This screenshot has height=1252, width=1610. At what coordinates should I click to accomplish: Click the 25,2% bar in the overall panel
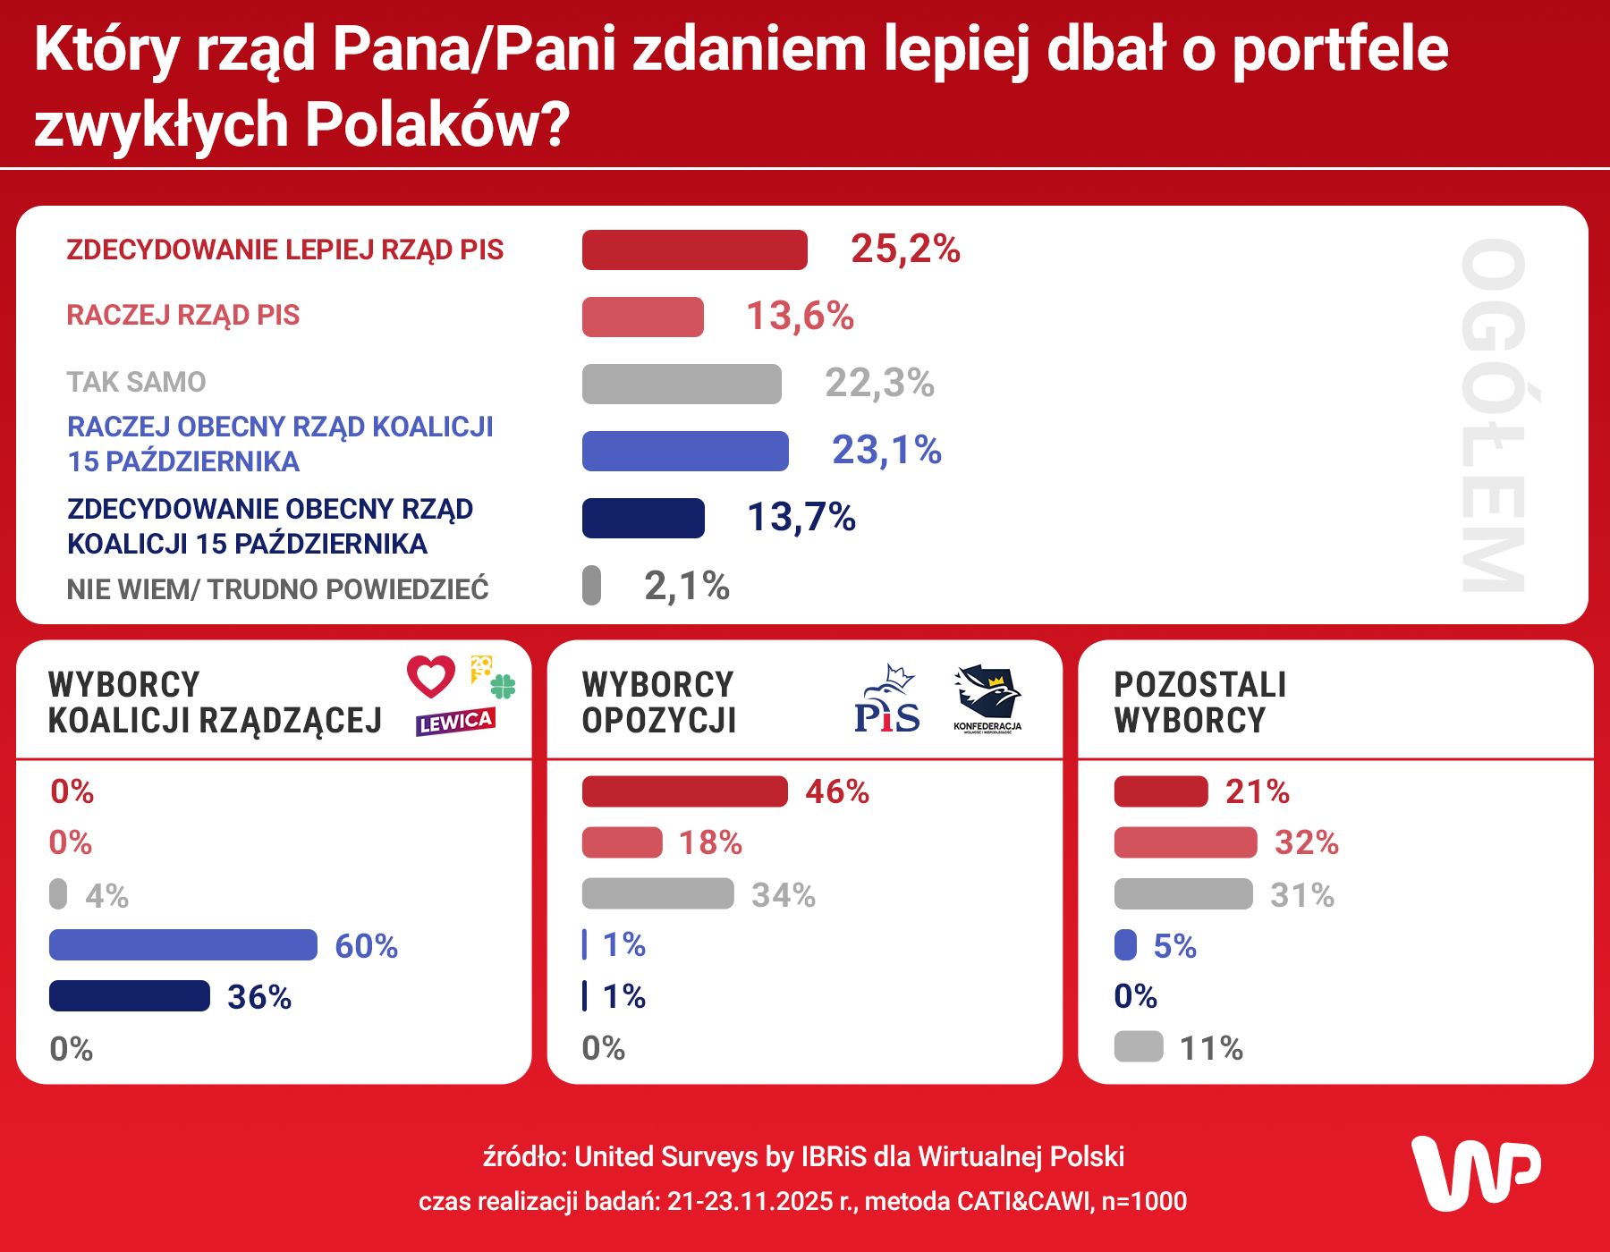694,250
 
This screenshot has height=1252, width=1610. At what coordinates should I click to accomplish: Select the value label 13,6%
800,316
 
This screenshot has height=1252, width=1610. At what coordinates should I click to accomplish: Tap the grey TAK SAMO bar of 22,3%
682,384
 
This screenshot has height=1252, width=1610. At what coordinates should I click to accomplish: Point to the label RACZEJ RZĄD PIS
183,316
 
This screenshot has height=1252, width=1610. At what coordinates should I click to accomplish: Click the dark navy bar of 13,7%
643,518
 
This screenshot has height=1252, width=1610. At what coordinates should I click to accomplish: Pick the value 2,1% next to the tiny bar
687,586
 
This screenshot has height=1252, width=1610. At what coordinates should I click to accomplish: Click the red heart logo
431,676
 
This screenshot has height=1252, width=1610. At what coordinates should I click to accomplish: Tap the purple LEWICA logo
455,721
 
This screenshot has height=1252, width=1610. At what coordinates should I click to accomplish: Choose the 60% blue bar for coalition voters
183,945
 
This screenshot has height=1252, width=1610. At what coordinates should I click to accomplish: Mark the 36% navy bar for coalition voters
130,996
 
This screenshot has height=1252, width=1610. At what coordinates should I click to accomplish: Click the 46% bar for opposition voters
684,791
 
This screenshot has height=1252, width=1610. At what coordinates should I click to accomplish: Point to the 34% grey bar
657,893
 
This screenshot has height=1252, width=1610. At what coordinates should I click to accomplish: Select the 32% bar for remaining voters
1185,842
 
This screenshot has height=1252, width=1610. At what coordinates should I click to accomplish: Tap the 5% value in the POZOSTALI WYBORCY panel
1174,945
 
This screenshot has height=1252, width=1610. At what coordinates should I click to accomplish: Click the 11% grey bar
1139,1046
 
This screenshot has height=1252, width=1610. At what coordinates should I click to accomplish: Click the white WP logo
1476,1172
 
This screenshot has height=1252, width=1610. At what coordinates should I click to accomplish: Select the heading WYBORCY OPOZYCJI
658,702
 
